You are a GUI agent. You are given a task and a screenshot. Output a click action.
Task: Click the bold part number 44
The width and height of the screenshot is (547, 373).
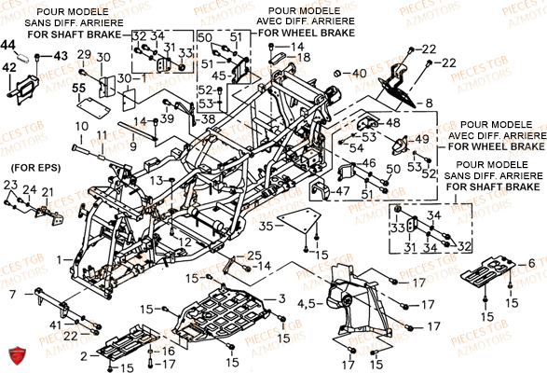pyautogui.click(x=8, y=45)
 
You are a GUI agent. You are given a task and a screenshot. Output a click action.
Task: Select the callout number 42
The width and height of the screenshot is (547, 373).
pyautogui.click(x=8, y=67)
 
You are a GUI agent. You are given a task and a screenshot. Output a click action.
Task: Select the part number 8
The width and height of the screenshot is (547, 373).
pyautogui.click(x=430, y=104)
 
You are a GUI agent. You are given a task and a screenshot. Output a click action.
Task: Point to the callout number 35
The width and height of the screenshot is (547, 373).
pyautogui.click(x=267, y=226)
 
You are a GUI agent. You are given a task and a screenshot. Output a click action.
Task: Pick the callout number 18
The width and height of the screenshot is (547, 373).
pyautogui.click(x=304, y=58)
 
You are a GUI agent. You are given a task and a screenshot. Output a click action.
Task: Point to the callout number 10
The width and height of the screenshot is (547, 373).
pyautogui.click(x=80, y=124)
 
